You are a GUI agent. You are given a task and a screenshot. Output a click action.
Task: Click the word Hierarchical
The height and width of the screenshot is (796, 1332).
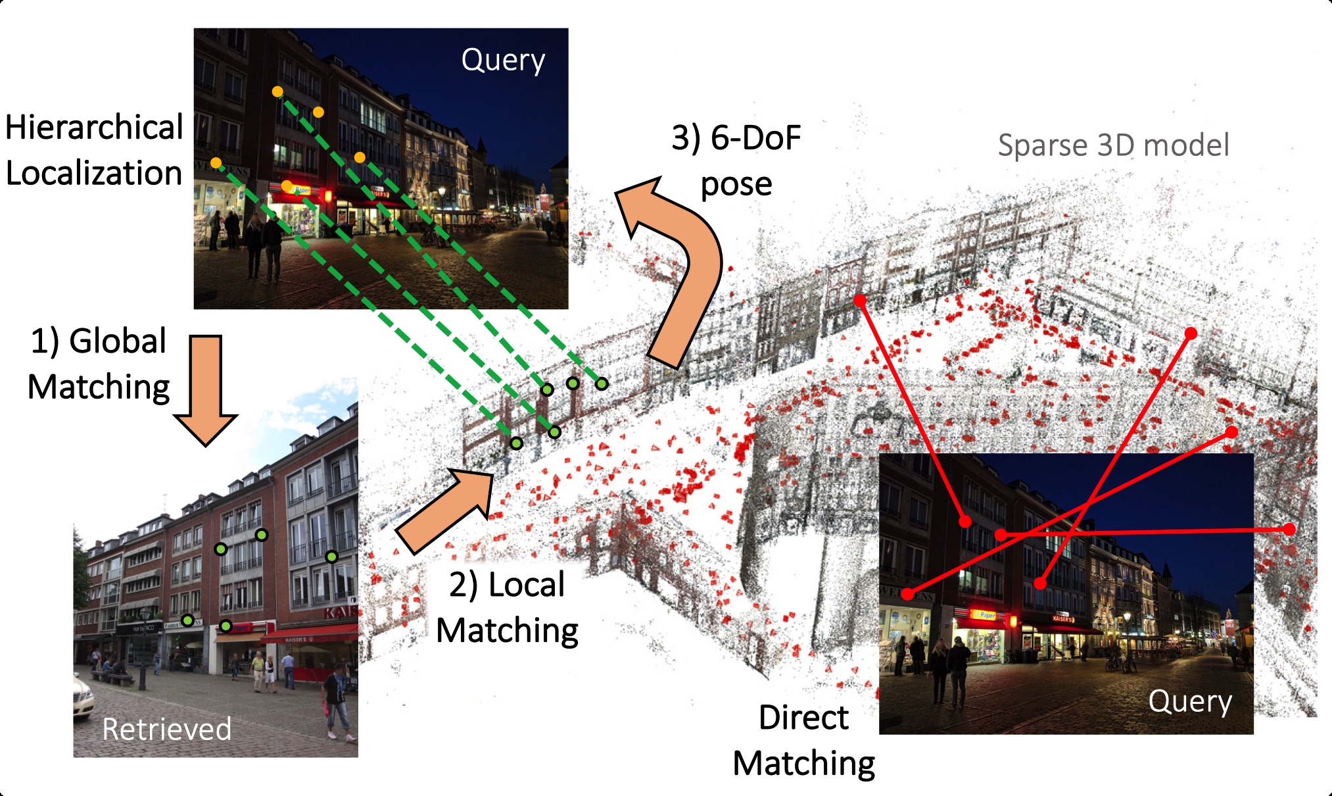tap(94, 127)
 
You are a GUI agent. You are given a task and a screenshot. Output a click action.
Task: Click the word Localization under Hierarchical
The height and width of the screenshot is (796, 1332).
tap(94, 173)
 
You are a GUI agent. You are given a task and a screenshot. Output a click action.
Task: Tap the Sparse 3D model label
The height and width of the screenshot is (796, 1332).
tap(1113, 145)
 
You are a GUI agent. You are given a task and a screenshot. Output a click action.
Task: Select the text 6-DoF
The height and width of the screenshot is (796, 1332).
tap(755, 138)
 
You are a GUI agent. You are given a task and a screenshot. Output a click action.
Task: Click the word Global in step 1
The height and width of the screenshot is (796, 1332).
tap(118, 341)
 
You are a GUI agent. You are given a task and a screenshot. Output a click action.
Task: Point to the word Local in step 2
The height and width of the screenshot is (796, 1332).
tap(526, 584)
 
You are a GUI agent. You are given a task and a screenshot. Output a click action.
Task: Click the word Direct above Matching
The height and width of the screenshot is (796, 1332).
tap(803, 717)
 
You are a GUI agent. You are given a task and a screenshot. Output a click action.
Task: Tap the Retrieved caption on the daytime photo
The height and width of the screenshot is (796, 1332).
tap(166, 729)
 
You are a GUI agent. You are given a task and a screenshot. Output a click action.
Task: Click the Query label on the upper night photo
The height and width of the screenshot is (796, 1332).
tap(503, 61)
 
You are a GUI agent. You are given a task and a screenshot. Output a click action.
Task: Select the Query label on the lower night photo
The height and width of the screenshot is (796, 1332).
tap(1190, 702)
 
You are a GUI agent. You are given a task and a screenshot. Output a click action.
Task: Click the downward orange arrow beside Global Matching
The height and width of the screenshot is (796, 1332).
tap(206, 388)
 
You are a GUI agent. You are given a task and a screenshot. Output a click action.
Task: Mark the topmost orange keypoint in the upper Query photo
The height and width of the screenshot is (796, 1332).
tap(277, 91)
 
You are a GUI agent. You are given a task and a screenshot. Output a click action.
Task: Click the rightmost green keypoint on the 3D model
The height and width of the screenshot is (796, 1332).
tap(602, 384)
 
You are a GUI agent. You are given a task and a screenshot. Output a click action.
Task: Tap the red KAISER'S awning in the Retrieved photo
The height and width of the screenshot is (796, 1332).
tap(309, 635)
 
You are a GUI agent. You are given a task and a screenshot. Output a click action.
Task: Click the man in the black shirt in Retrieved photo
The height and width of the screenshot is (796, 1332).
tap(336, 697)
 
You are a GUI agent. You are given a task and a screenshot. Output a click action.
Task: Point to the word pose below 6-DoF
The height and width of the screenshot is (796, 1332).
tap(736, 185)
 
